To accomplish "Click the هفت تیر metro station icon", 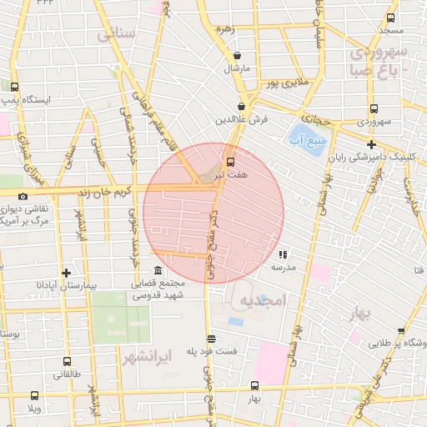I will tap(230, 161).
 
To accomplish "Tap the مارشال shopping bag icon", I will tap(238, 56).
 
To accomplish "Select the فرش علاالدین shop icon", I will tap(241, 107).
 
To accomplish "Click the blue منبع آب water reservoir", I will tap(304, 133).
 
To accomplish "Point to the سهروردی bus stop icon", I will tap(373, 108).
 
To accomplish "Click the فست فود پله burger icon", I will tap(212, 339).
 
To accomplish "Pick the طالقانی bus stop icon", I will tap(67, 362).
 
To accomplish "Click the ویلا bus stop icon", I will tap(34, 395).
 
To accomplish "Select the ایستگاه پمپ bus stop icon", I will tap(14, 87).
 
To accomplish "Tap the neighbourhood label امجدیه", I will tap(262, 299).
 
